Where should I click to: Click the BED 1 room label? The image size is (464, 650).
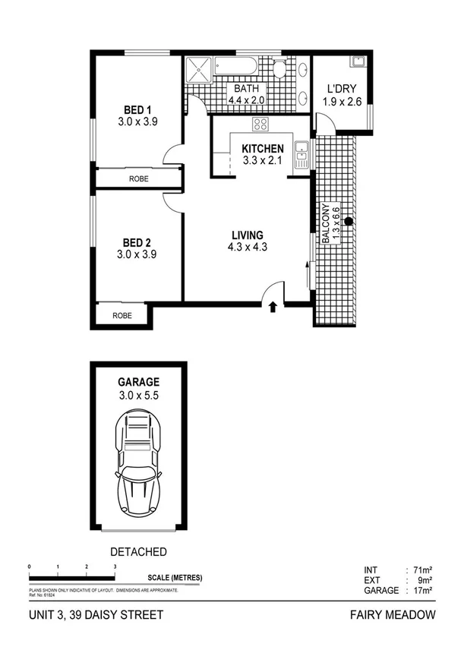[x=137, y=109]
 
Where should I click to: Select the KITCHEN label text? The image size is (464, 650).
[x=262, y=149]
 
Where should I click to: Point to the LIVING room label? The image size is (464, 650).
[x=248, y=235]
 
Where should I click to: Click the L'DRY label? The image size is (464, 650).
[x=341, y=88]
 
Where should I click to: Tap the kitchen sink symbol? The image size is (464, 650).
[x=301, y=154]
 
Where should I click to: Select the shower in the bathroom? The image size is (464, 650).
[x=199, y=71]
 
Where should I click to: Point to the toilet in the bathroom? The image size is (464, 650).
[x=279, y=70]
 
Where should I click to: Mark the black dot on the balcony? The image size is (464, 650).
[x=348, y=222]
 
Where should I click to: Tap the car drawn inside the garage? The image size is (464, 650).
[x=137, y=464]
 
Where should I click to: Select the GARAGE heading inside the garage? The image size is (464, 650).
[x=137, y=383]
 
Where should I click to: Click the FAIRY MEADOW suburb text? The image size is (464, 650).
[x=393, y=615]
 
